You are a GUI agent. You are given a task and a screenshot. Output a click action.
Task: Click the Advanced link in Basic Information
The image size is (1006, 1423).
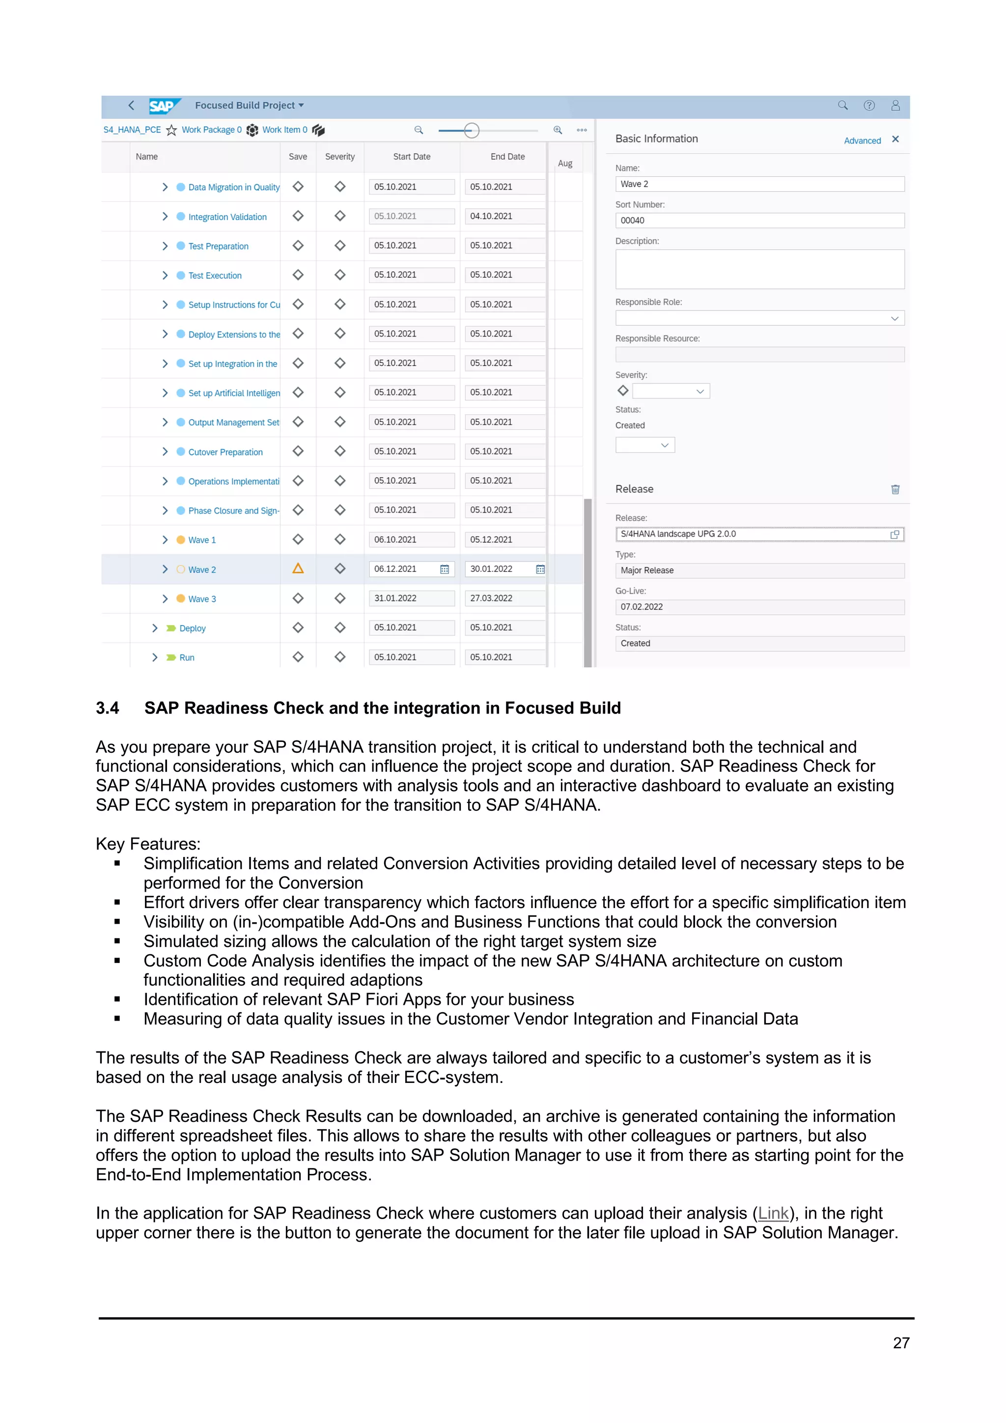tap(862, 141)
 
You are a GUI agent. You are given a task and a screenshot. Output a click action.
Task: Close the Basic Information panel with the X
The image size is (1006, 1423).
tap(895, 140)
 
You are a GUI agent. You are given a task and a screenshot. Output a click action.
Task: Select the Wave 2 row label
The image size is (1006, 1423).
tap(202, 569)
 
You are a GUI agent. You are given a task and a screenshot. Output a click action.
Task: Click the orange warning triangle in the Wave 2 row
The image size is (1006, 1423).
tap(298, 569)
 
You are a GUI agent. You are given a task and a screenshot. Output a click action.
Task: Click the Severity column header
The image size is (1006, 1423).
tap(339, 157)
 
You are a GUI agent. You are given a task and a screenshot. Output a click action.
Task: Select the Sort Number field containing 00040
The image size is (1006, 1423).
tap(759, 221)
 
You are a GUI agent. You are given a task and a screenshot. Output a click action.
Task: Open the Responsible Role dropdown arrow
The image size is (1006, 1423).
tap(894, 318)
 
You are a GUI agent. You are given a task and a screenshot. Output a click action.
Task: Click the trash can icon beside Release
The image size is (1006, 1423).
tap(894, 489)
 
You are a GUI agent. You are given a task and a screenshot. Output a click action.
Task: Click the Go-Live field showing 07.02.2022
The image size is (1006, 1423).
tap(759, 607)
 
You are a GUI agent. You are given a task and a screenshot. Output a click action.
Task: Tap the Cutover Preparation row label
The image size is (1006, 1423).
tap(225, 453)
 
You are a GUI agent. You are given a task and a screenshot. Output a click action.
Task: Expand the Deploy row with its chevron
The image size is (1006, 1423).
tap(155, 628)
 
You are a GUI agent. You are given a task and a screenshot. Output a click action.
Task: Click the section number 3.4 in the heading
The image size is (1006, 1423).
tap(107, 709)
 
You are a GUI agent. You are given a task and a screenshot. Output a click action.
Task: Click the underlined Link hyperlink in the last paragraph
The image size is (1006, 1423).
tap(773, 1214)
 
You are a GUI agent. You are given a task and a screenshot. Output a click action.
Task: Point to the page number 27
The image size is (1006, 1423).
tap(901, 1343)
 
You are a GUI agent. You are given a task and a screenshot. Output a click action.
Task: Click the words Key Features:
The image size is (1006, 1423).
tap(148, 844)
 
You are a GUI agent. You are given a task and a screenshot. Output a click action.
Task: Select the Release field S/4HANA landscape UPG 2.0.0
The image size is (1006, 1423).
tap(753, 534)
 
